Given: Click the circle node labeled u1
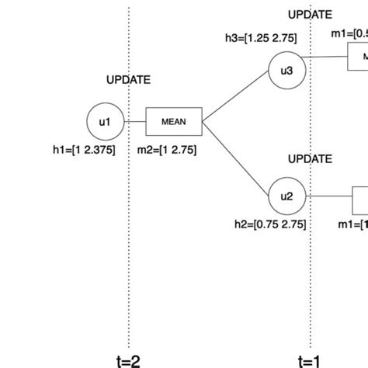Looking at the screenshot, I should [x=105, y=120].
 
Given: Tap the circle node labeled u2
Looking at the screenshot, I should [x=286, y=196].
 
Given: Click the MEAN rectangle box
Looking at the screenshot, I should [x=174, y=121].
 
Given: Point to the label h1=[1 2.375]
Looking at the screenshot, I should [x=82, y=151].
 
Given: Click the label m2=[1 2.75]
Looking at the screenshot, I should [x=167, y=151].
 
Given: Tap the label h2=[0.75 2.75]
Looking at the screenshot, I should [x=270, y=224].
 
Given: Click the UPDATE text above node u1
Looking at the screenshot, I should [x=128, y=80].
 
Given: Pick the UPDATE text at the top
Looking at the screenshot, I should [x=310, y=14].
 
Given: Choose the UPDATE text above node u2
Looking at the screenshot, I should [x=310, y=158].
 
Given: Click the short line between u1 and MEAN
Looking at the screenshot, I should [x=135, y=121].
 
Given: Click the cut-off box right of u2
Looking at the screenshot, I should [x=360, y=200].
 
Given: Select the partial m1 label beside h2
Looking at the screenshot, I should [x=352, y=224].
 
